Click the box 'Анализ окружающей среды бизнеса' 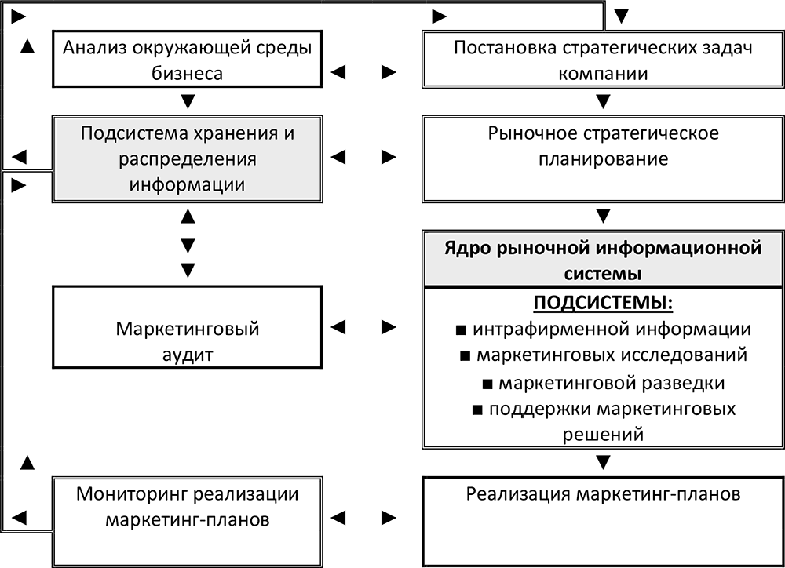188,60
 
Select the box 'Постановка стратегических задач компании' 603,60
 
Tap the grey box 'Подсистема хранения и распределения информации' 188,158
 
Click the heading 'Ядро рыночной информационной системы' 603,260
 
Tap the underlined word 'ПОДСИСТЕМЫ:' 603,303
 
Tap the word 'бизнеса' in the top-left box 188,74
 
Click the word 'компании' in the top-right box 603,74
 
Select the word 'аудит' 188,354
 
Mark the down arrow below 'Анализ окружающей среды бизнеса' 188,101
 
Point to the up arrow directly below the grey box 188,215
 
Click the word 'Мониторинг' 130,494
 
